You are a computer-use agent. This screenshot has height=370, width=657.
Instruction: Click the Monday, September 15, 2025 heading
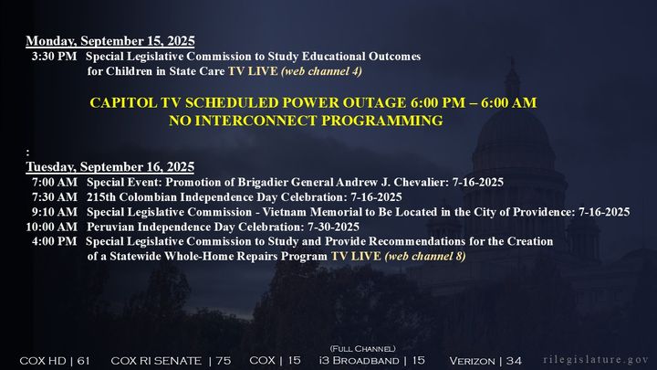(110, 41)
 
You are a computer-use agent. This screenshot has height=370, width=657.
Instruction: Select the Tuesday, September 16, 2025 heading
(110, 167)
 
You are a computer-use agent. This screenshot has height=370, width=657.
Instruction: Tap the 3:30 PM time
(55, 57)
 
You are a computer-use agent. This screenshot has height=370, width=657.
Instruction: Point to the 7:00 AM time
(55, 182)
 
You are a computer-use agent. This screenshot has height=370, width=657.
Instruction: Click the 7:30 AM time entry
(55, 197)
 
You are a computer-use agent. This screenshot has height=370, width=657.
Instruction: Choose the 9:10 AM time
(55, 212)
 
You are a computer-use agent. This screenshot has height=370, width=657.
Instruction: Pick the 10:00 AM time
(51, 227)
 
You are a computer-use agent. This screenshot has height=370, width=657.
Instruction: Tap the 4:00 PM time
(55, 241)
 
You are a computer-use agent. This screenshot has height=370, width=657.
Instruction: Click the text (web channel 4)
(322, 71)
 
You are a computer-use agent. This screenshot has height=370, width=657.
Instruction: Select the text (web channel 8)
(425, 257)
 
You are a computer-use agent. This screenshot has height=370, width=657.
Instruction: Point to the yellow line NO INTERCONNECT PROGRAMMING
(306, 121)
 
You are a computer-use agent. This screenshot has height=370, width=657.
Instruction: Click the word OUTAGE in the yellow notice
(375, 102)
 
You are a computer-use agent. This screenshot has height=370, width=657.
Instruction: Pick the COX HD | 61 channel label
(55, 361)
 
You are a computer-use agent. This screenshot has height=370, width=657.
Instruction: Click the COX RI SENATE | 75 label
(171, 361)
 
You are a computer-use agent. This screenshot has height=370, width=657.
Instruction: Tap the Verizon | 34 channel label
(485, 361)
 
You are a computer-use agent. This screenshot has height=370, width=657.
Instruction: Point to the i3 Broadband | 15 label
(372, 360)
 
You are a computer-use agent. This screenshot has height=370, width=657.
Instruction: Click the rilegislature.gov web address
(596, 360)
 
